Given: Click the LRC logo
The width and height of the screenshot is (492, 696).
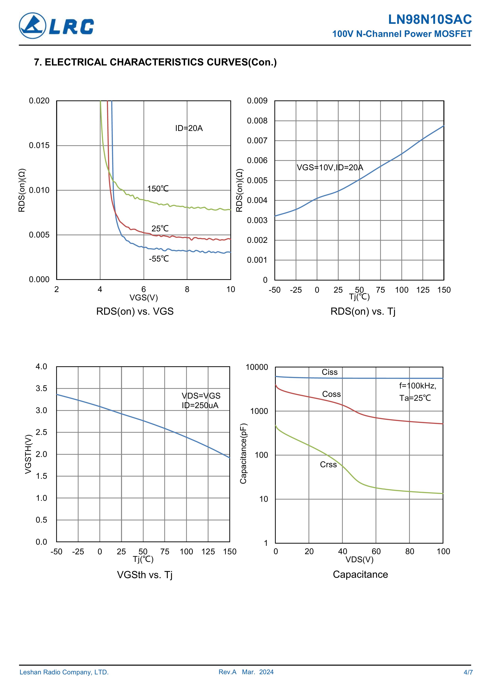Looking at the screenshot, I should point(56,26).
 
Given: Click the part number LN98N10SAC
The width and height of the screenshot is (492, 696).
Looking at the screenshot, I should point(430,20).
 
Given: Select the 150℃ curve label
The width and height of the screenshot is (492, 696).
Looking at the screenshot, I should point(158,189).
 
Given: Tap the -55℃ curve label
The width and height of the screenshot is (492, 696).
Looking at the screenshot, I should point(159,259).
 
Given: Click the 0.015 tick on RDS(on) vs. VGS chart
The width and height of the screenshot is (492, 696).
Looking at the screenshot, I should point(39,145).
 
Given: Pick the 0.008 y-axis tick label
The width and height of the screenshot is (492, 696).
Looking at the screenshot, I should point(257,121).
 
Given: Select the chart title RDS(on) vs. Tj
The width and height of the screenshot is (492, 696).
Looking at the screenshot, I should point(363,311).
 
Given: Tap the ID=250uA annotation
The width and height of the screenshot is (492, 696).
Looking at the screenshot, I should point(200,406).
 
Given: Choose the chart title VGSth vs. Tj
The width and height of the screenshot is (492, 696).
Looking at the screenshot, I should point(145,575).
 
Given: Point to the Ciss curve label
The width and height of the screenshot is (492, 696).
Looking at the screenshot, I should point(330,372).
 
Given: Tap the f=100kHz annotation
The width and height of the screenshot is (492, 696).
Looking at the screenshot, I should point(417,386).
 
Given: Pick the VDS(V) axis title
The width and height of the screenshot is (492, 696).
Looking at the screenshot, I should point(359,559).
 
